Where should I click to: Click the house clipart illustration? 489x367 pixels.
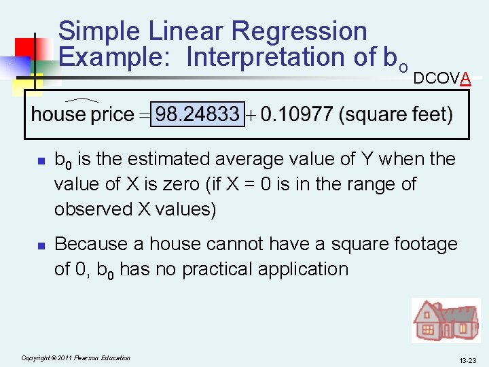click(446, 320)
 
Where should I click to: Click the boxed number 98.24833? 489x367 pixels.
click(197, 113)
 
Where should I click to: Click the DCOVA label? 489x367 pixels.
click(441, 79)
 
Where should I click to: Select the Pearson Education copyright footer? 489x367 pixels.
click(76, 357)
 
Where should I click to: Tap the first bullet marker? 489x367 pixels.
click(40, 161)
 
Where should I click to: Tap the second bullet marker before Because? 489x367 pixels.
click(40, 245)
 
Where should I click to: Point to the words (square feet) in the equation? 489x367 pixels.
click(397, 113)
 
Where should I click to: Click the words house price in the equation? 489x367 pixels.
click(82, 114)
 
